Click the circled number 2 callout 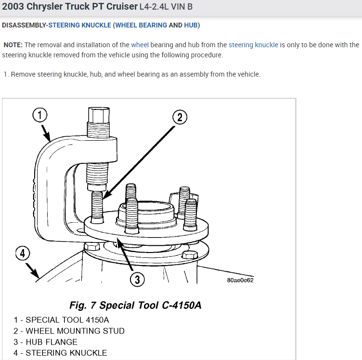(179, 117)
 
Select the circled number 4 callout (23, 253)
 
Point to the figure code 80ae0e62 (240, 280)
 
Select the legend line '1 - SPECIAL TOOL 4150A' (61, 320)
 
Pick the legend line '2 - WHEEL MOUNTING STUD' (69, 331)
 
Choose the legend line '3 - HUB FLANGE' (45, 342)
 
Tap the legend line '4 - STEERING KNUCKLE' (60, 353)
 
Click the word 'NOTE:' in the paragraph (13, 45)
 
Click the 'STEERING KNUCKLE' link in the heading (80, 25)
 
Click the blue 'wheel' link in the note (140, 45)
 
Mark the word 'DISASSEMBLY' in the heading (24, 25)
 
